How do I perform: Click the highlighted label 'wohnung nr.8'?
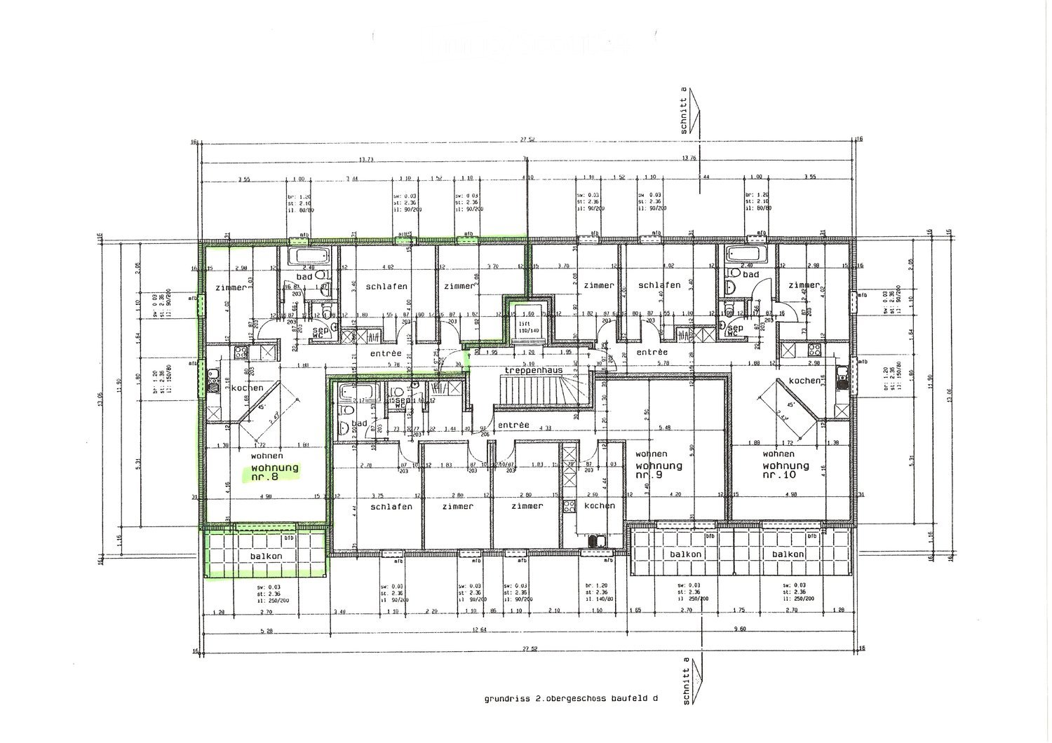(x=269, y=472)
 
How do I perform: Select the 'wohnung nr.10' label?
(x=785, y=470)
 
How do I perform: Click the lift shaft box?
(x=525, y=322)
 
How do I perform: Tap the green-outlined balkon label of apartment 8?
(x=266, y=556)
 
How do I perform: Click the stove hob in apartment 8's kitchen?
(x=241, y=353)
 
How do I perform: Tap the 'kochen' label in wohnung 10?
(x=804, y=381)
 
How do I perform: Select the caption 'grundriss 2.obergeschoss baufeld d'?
(x=571, y=699)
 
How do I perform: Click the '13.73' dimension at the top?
(x=365, y=160)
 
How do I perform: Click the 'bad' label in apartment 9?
(x=359, y=424)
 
